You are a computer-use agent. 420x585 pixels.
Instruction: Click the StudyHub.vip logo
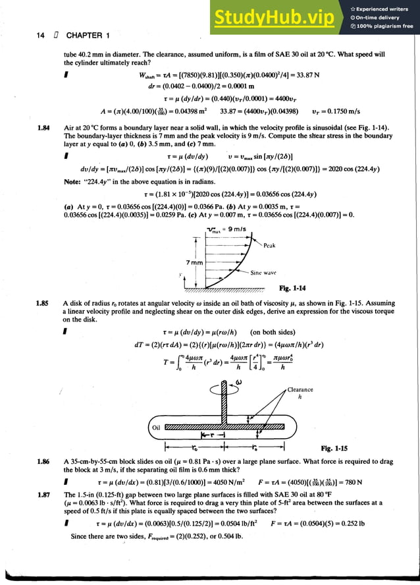(271, 18)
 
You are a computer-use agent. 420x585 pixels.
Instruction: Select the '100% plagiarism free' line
(384, 26)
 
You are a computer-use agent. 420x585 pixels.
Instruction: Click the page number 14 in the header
(40, 36)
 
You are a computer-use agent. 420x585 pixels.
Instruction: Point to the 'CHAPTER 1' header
(84, 36)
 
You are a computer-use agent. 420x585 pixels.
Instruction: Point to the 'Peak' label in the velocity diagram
(269, 245)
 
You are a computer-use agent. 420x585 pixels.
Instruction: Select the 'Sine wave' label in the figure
(263, 272)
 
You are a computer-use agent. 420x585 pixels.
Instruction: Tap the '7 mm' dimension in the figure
(194, 263)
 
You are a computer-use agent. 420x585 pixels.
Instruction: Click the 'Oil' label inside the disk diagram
(155, 426)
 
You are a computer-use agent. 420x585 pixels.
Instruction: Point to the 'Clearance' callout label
(300, 389)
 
